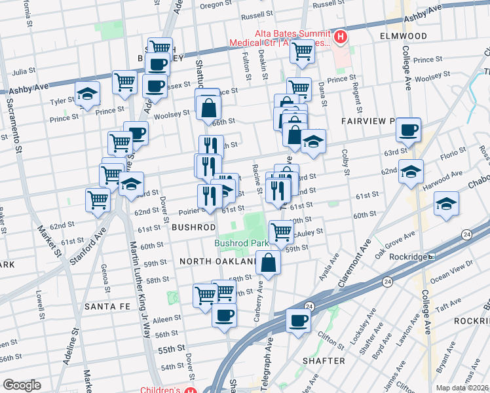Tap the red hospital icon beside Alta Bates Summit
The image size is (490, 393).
(340, 38)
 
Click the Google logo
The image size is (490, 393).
(22, 384)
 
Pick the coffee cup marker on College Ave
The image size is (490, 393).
(409, 130)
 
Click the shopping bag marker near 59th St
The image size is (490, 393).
(269, 262)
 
